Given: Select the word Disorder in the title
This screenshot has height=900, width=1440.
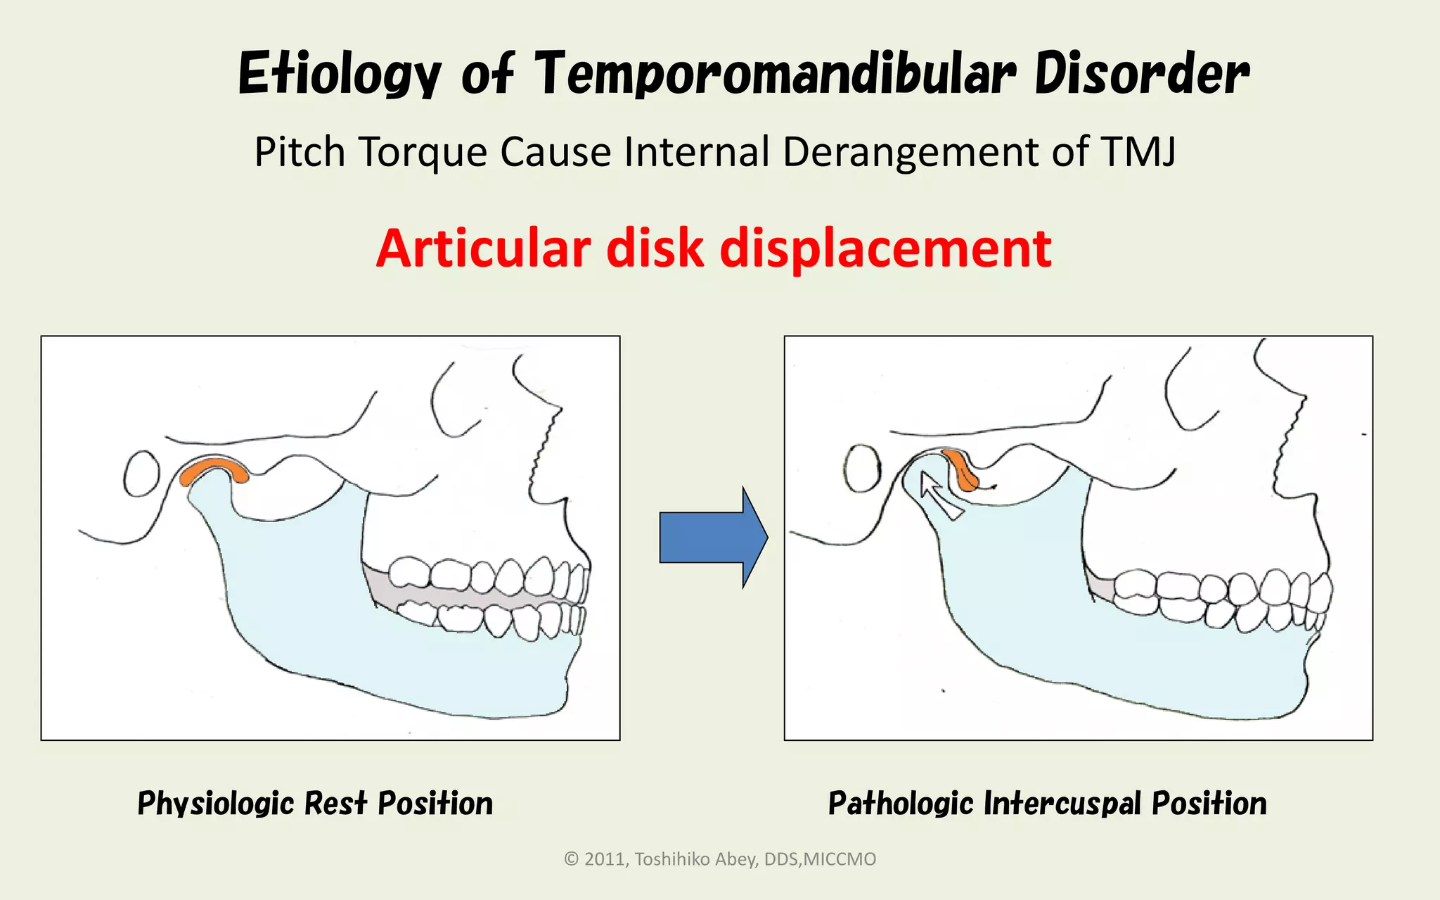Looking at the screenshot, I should [x=1140, y=74].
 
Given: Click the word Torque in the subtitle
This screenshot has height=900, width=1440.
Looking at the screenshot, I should [x=423, y=152].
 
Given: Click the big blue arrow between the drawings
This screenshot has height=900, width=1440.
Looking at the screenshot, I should [x=712, y=537].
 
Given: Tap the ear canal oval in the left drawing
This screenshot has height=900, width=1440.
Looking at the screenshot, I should [x=143, y=474].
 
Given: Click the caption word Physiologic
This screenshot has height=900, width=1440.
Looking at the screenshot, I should [x=215, y=804].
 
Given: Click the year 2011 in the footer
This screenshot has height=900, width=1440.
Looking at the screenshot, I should [x=606, y=859].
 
